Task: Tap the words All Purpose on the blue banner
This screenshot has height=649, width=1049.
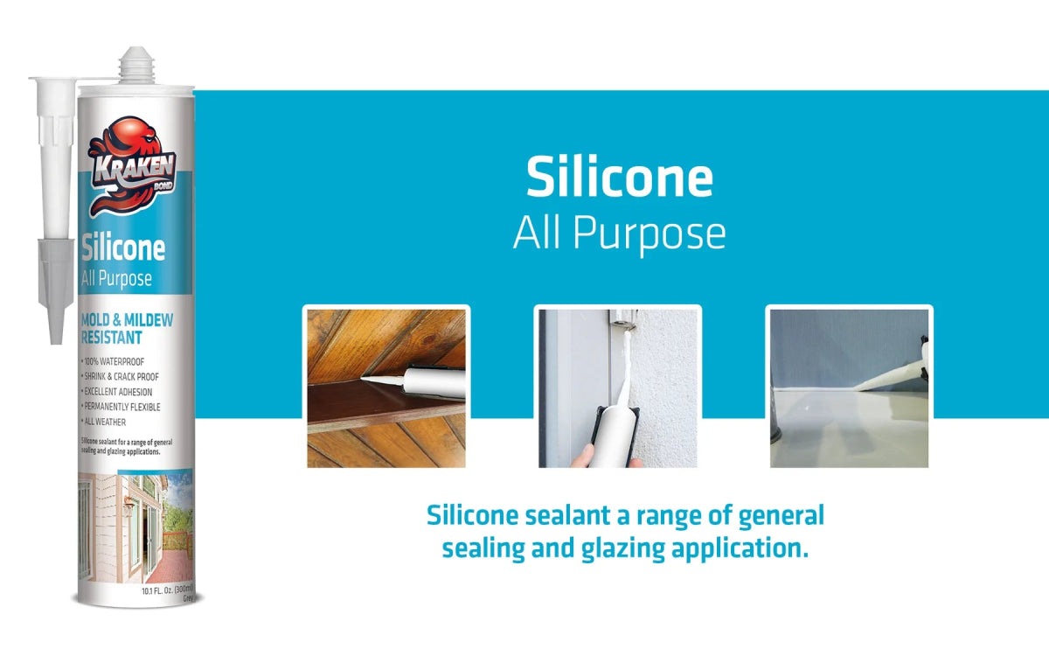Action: (x=619, y=234)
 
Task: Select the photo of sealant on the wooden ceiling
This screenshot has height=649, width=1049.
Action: (x=386, y=387)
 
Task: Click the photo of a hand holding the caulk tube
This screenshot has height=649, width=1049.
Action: (x=617, y=387)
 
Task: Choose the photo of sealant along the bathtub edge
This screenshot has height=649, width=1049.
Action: (x=848, y=387)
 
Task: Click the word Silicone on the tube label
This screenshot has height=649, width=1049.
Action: (x=123, y=248)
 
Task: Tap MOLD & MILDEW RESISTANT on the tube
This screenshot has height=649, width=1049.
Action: (x=126, y=328)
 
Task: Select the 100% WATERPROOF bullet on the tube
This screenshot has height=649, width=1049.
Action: (x=114, y=361)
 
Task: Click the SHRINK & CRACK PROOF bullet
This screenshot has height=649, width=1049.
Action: (x=121, y=377)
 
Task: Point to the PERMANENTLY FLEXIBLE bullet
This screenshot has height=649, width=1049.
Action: (x=122, y=407)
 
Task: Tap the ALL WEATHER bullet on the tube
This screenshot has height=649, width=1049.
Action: (x=105, y=422)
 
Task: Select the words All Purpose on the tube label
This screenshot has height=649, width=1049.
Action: (x=117, y=280)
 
